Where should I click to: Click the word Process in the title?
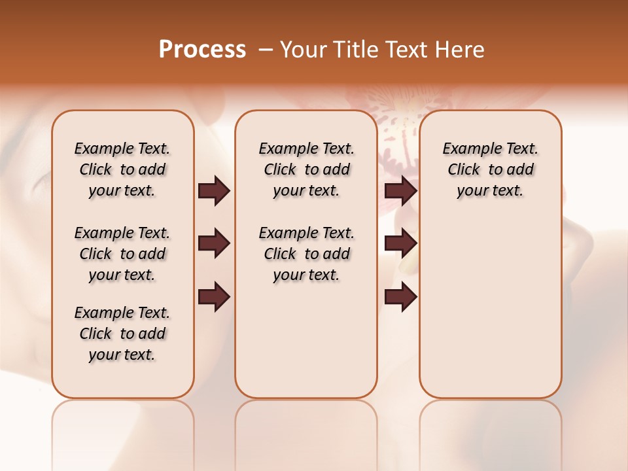click(x=202, y=50)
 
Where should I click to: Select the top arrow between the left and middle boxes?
click(x=214, y=191)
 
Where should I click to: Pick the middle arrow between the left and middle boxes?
click(x=214, y=244)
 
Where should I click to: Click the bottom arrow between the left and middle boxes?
click(x=214, y=297)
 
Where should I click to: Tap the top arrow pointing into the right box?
click(x=400, y=191)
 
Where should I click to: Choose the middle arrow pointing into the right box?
click(x=400, y=244)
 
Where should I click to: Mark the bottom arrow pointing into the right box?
click(x=400, y=297)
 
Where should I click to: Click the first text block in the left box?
click(x=122, y=169)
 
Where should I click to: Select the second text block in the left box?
click(x=122, y=254)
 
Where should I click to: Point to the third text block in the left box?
click(x=122, y=334)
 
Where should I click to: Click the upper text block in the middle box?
click(x=306, y=169)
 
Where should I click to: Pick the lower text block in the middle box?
click(x=306, y=254)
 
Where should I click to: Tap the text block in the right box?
click(x=491, y=169)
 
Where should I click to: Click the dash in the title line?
click(x=266, y=50)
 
